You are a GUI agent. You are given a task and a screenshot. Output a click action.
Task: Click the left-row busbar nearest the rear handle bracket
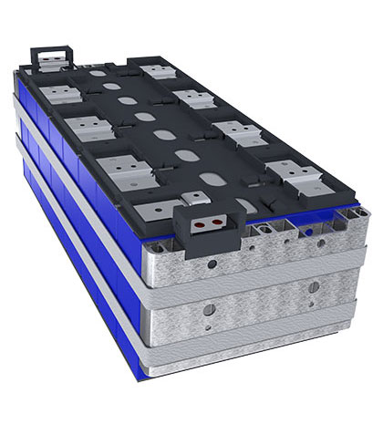pyautogui.click(x=52, y=87)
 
